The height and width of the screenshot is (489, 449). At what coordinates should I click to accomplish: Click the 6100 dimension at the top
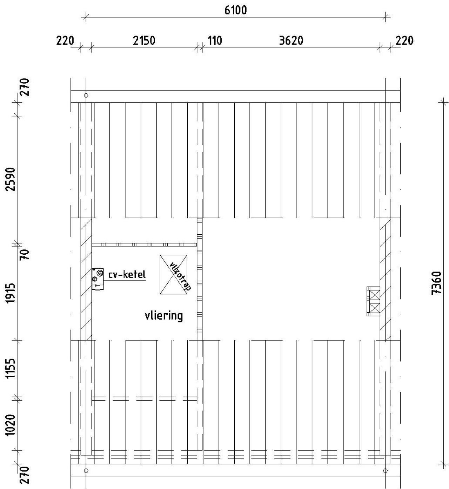235,11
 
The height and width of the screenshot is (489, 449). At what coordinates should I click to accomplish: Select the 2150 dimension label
144,41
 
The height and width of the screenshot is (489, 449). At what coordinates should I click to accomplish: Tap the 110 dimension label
215,41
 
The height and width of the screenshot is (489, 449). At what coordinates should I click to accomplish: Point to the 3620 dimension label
291,41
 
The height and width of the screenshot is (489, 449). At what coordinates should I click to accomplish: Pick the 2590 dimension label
12,179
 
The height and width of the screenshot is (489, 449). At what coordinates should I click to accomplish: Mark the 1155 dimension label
12,369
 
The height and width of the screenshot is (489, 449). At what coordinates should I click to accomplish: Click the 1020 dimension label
12,425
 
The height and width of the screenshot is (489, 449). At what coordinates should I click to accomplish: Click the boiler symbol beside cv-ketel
98,279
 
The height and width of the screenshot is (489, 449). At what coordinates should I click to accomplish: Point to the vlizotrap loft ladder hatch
174,275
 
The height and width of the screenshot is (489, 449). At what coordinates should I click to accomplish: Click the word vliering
164,316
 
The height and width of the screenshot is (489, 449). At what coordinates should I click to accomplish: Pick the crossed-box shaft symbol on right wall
374,301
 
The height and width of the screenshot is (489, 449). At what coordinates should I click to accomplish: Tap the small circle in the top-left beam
86,95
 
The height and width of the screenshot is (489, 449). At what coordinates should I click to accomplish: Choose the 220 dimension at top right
404,41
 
